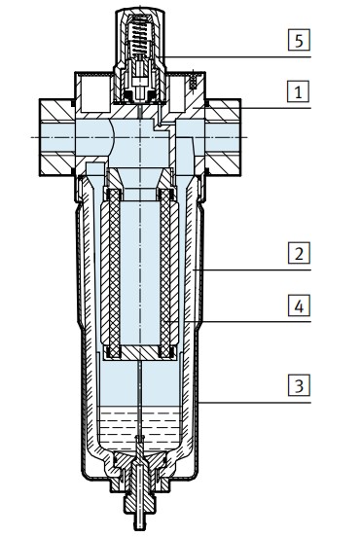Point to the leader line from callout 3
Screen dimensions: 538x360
(x=243, y=400)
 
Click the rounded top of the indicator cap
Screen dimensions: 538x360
(x=142, y=12)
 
